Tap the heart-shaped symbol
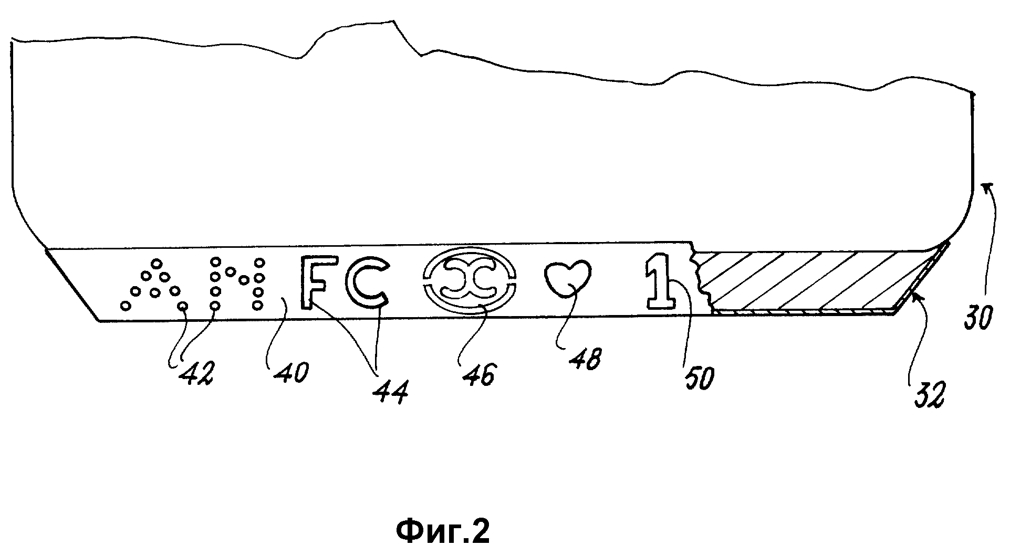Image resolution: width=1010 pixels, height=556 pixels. tap(567, 281)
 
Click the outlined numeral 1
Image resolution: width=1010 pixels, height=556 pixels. tap(660, 281)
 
